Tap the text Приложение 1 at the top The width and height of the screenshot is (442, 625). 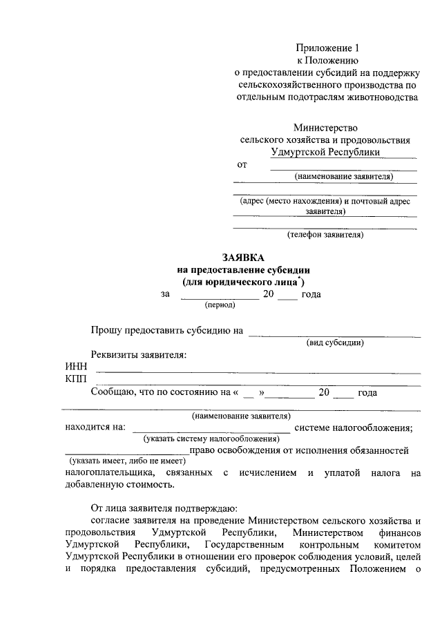pos(328,48)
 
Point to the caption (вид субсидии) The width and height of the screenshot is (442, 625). pos(335,343)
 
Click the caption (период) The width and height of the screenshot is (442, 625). pos(220,305)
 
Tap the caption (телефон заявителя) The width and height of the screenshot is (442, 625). pos(325,235)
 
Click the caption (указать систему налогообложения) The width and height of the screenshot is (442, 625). pos(207,439)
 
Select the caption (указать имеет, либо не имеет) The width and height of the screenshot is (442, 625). pos(127,461)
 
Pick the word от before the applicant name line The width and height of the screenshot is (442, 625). pos(242,165)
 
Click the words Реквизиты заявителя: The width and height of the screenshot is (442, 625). pos(139,355)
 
